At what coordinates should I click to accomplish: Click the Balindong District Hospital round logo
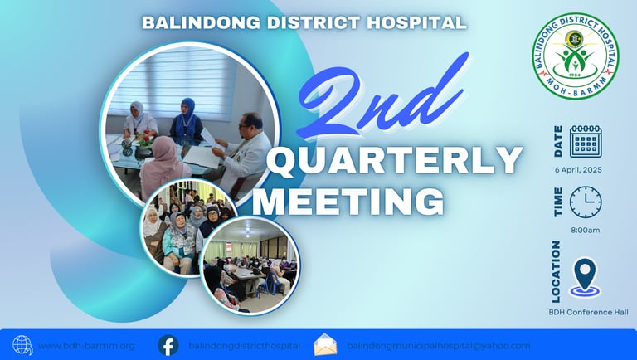click(575, 56)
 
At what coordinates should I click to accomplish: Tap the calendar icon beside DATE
click(586, 141)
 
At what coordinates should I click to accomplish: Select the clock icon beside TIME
click(586, 202)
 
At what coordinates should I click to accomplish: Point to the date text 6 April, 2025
click(578, 170)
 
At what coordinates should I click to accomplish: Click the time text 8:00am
click(585, 230)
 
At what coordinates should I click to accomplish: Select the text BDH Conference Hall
click(588, 312)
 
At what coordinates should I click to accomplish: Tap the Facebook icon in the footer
click(168, 345)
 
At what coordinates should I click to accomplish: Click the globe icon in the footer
click(22, 345)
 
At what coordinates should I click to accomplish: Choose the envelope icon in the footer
click(325, 344)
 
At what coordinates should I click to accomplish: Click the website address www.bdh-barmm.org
click(86, 346)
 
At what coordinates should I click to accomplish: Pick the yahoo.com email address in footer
click(438, 346)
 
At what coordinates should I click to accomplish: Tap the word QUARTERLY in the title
click(395, 161)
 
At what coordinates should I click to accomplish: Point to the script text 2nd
click(382, 98)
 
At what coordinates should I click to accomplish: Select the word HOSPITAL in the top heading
click(416, 22)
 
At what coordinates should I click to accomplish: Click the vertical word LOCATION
click(556, 272)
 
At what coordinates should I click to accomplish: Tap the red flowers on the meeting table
click(144, 139)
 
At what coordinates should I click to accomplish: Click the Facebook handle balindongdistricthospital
click(244, 346)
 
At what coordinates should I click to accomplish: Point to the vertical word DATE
click(558, 141)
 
